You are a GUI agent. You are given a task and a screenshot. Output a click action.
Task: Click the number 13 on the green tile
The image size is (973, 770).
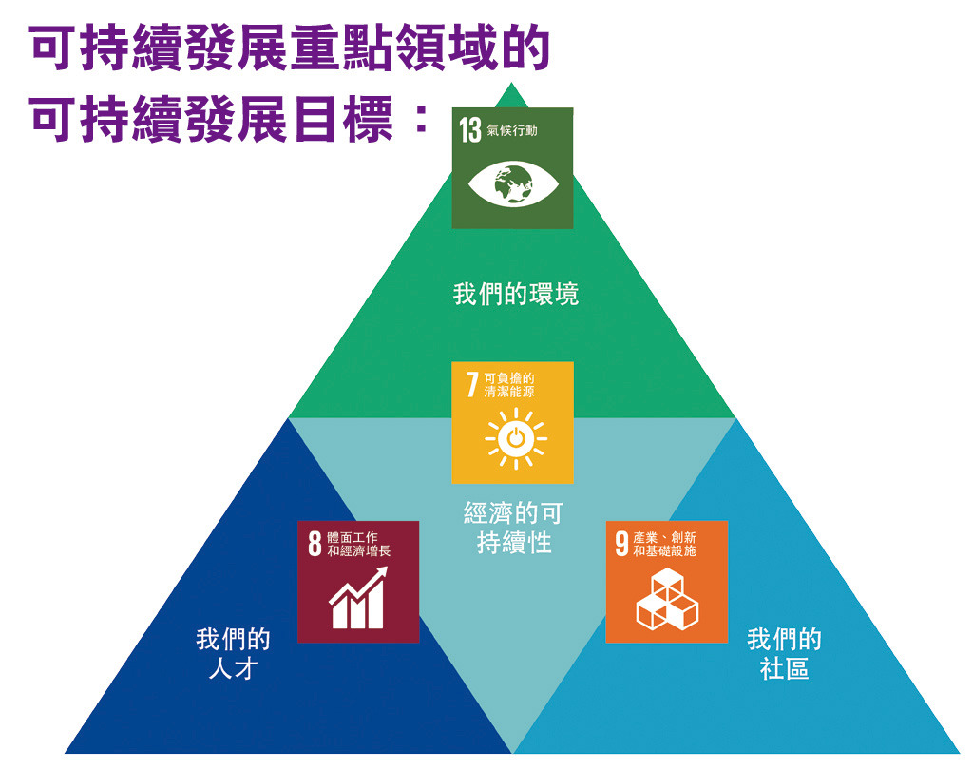[470, 130]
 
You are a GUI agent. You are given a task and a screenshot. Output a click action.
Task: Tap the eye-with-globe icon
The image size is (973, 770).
[513, 183]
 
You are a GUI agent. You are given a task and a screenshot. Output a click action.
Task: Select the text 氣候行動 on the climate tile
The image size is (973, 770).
[512, 130]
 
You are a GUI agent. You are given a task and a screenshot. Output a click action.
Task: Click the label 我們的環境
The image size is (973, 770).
[516, 295]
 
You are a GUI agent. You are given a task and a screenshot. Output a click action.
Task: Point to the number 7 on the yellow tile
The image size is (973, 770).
[472, 384]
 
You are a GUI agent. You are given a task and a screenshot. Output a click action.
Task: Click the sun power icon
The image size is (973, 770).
[516, 438]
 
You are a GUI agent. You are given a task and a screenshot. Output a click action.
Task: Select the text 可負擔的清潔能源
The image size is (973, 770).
[509, 385]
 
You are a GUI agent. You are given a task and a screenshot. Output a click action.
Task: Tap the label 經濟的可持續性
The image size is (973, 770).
[513, 528]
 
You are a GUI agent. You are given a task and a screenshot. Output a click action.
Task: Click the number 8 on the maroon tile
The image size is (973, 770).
[315, 544]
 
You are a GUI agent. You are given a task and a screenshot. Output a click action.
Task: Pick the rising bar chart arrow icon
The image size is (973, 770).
[358, 597]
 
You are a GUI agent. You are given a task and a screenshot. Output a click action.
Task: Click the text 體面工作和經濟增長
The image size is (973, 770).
[358, 544]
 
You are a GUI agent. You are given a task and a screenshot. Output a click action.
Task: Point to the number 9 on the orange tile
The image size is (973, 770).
[621, 544]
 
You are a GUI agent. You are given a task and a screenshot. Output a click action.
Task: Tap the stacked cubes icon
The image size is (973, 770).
[667, 599]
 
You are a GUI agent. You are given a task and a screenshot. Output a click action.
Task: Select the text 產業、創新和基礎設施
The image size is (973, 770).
[664, 544]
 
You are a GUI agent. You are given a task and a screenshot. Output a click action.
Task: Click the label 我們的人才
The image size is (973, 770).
[234, 654]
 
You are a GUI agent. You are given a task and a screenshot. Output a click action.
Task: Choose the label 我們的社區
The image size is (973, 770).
[784, 654]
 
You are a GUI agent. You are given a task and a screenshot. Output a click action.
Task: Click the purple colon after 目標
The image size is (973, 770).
[421, 119]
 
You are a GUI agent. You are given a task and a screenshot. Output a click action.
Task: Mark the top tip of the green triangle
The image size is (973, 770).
[512, 83]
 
